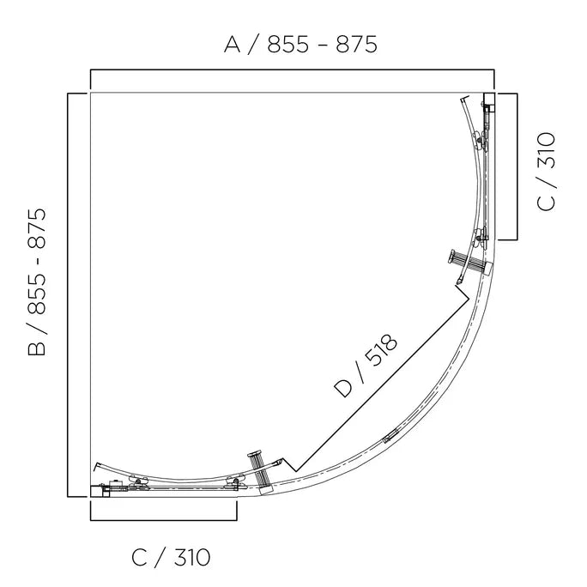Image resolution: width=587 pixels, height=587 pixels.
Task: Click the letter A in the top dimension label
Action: click(233, 45)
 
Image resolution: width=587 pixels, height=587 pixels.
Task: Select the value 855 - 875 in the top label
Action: click(322, 45)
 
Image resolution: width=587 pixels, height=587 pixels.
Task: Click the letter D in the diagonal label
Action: click(343, 388)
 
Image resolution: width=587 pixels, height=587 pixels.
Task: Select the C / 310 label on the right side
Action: click(546, 171)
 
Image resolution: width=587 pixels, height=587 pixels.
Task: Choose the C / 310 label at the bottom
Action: click(171, 558)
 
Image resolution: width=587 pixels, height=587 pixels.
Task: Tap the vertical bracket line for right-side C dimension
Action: click(516, 167)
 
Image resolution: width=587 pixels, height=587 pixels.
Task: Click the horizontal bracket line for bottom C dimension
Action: click(163, 519)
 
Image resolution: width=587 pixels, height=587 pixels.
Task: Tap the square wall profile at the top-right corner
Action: click(489, 98)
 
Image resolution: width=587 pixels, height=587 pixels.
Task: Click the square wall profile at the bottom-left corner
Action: click(96, 491)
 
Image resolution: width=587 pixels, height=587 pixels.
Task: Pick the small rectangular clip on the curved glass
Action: click(390, 436)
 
